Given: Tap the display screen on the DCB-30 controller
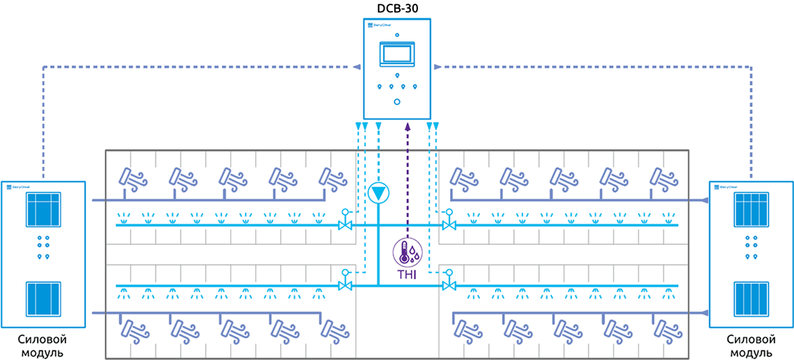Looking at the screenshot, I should (x=397, y=55).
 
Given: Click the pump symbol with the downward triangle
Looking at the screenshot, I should (x=379, y=192).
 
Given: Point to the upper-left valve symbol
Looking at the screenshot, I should (x=345, y=225).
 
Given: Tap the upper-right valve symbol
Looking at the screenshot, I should (x=448, y=225).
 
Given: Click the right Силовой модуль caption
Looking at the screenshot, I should (x=751, y=346).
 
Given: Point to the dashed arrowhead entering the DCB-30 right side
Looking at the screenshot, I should (x=436, y=66).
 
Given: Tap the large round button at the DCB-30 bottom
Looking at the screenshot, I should (x=397, y=101).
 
